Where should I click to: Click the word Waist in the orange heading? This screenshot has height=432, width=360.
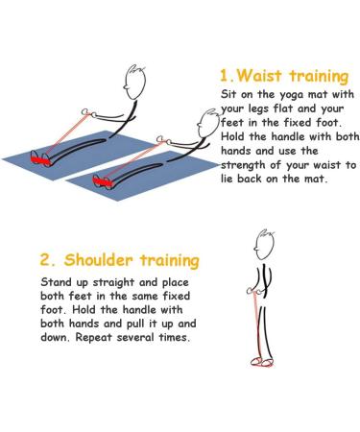(x=260, y=76)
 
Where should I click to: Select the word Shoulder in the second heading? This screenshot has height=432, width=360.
(x=98, y=259)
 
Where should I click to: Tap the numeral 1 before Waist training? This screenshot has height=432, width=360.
(x=224, y=76)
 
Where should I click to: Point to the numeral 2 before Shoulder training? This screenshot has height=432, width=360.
(x=44, y=260)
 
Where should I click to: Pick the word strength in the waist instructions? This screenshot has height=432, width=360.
(x=243, y=165)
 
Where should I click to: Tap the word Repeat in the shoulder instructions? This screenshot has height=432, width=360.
(x=94, y=338)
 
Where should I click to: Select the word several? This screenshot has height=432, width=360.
(x=135, y=337)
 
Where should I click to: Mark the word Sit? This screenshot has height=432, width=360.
(x=228, y=94)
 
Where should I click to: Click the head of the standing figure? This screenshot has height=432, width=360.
(x=264, y=246)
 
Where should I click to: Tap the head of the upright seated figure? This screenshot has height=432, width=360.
(x=135, y=83)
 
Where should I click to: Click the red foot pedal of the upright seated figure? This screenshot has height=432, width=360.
(x=40, y=158)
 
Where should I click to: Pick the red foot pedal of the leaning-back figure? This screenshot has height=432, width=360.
(x=103, y=181)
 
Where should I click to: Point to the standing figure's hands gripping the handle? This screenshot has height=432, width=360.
(x=255, y=291)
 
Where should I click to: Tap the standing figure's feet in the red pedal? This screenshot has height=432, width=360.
(x=262, y=362)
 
